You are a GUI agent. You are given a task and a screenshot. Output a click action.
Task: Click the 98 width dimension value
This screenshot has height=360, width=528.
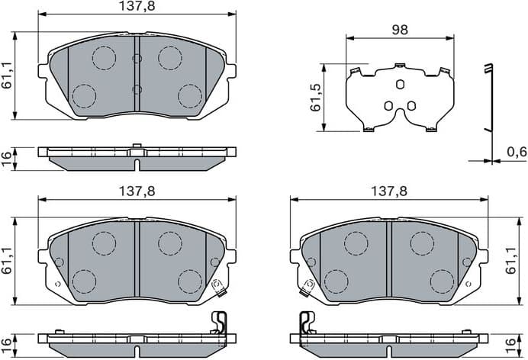(x=400, y=30)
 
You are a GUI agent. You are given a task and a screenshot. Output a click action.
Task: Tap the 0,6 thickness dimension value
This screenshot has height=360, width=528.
(x=517, y=153)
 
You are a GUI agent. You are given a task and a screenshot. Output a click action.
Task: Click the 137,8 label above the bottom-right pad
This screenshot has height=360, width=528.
(x=388, y=192)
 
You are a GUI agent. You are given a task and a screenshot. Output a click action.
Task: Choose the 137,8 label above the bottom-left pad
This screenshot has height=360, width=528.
(x=137, y=192)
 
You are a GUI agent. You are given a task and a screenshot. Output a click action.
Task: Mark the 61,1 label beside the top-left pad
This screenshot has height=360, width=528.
(x=7, y=75)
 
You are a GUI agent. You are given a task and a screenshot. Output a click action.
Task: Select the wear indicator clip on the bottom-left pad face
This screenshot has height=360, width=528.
(x=217, y=287)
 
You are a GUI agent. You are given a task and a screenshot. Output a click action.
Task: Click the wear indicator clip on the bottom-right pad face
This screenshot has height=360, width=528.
(x=308, y=287)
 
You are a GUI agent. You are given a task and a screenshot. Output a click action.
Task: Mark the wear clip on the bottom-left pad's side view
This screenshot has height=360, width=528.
(x=219, y=323)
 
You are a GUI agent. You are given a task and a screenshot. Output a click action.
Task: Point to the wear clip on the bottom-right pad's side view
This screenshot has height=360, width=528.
(x=305, y=323)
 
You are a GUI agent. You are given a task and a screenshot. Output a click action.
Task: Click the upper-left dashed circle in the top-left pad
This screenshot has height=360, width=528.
(x=103, y=57)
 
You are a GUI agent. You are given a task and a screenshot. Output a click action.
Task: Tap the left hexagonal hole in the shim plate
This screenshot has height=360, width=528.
(x=388, y=105)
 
